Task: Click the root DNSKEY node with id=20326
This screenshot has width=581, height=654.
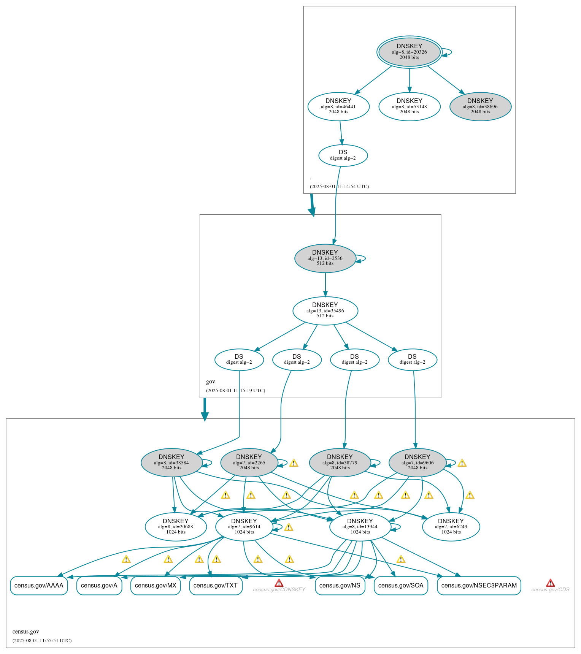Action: tap(409, 52)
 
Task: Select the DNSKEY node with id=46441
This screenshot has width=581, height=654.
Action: tap(338, 106)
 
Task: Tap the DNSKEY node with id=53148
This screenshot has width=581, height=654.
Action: tap(409, 106)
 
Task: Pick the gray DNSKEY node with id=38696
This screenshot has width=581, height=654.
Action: tap(480, 106)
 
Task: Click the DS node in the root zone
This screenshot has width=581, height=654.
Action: tap(343, 155)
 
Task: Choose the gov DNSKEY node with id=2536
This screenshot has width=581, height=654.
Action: tap(325, 258)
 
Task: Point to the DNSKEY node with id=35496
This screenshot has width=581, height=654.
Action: tap(325, 310)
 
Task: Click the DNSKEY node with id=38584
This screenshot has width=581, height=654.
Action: tap(171, 462)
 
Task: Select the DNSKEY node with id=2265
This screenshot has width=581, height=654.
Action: tap(249, 462)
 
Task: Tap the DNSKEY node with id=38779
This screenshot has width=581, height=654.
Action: tap(340, 462)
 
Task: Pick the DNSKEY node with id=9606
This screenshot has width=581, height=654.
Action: tap(417, 462)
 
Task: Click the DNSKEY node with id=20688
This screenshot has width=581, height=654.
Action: tap(176, 527)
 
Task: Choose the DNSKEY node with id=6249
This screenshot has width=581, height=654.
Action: tap(451, 527)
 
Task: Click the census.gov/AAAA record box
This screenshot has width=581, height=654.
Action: tap(39, 585)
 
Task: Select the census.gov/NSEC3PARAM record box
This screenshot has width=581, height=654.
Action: tap(479, 585)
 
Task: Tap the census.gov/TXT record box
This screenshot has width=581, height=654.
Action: tap(216, 585)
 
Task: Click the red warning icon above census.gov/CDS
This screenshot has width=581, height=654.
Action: tap(550, 583)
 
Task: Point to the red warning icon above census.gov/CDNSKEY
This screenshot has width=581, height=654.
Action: tap(279, 583)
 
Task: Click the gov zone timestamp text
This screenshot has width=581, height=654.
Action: tap(235, 391)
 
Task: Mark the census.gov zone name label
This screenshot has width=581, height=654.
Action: tap(26, 632)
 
